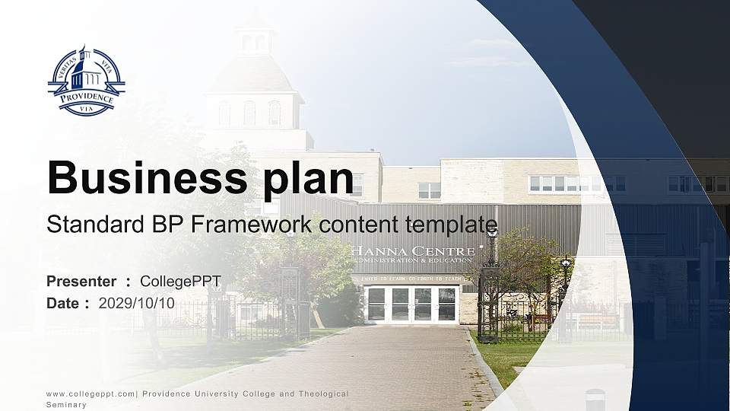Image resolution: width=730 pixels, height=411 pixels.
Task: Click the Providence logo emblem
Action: coord(86,81)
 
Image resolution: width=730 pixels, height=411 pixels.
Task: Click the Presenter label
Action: coord(81,282)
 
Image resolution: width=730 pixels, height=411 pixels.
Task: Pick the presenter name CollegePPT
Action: coord(181,282)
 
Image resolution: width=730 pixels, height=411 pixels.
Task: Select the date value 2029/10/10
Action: coord(137,303)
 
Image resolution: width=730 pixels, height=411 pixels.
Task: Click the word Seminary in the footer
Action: coord(66,405)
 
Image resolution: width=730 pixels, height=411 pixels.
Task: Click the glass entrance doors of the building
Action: coord(411,303)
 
